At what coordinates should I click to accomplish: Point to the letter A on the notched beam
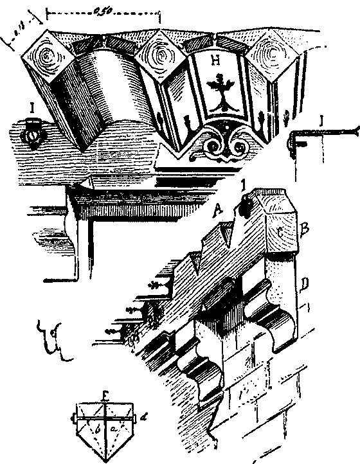pos(220,210)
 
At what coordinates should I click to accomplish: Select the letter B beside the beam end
pos(306,228)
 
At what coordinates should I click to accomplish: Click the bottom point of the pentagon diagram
pos(105,459)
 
